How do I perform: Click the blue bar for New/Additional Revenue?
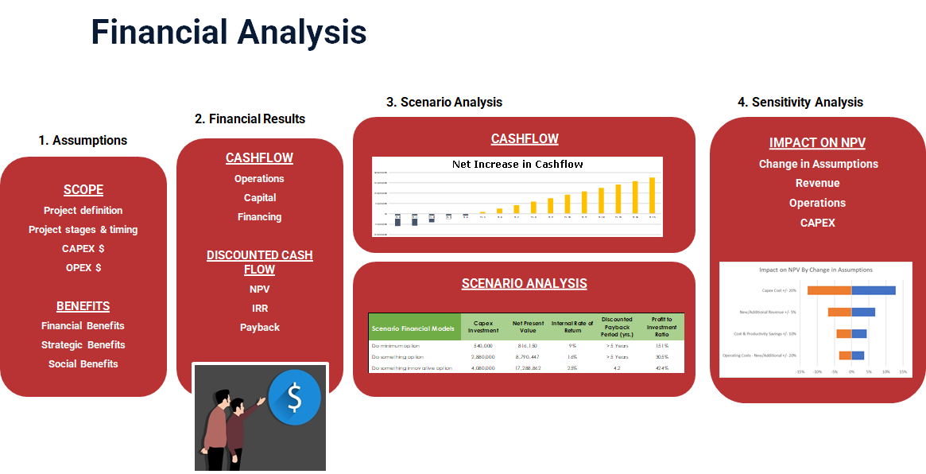(x=863, y=312)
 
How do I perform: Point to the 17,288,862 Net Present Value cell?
(x=528, y=368)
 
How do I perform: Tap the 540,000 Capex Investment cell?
(x=482, y=346)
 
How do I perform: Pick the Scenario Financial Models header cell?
(x=414, y=328)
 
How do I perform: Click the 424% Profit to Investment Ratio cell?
(x=661, y=368)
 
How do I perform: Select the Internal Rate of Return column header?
(x=572, y=328)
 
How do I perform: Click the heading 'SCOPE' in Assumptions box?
(x=83, y=190)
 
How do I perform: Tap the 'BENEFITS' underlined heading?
(x=83, y=306)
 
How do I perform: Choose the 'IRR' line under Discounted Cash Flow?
(x=260, y=308)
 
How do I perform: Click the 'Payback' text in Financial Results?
(x=260, y=328)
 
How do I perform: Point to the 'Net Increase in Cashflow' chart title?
(x=517, y=165)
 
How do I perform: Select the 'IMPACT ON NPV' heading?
(x=817, y=143)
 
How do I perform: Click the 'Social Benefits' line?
(x=83, y=364)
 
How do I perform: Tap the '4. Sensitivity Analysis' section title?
(x=800, y=102)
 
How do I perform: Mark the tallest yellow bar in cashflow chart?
(x=653, y=196)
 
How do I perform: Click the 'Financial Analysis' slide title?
(x=229, y=33)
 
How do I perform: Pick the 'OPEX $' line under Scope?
(x=83, y=268)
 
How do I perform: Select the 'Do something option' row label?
(x=401, y=357)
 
